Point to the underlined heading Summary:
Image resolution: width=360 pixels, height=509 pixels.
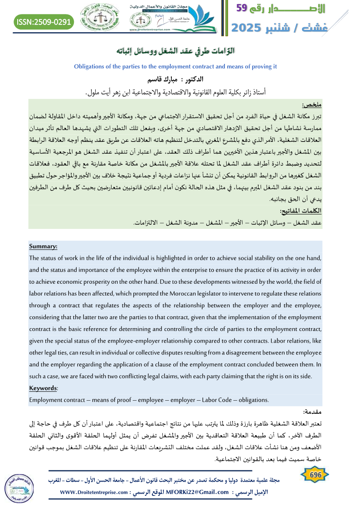[43, 246]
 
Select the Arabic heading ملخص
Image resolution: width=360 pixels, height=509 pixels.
[312, 105]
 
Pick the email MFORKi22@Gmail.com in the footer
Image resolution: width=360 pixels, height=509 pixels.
[198, 492]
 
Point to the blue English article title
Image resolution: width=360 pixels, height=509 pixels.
[175, 67]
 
